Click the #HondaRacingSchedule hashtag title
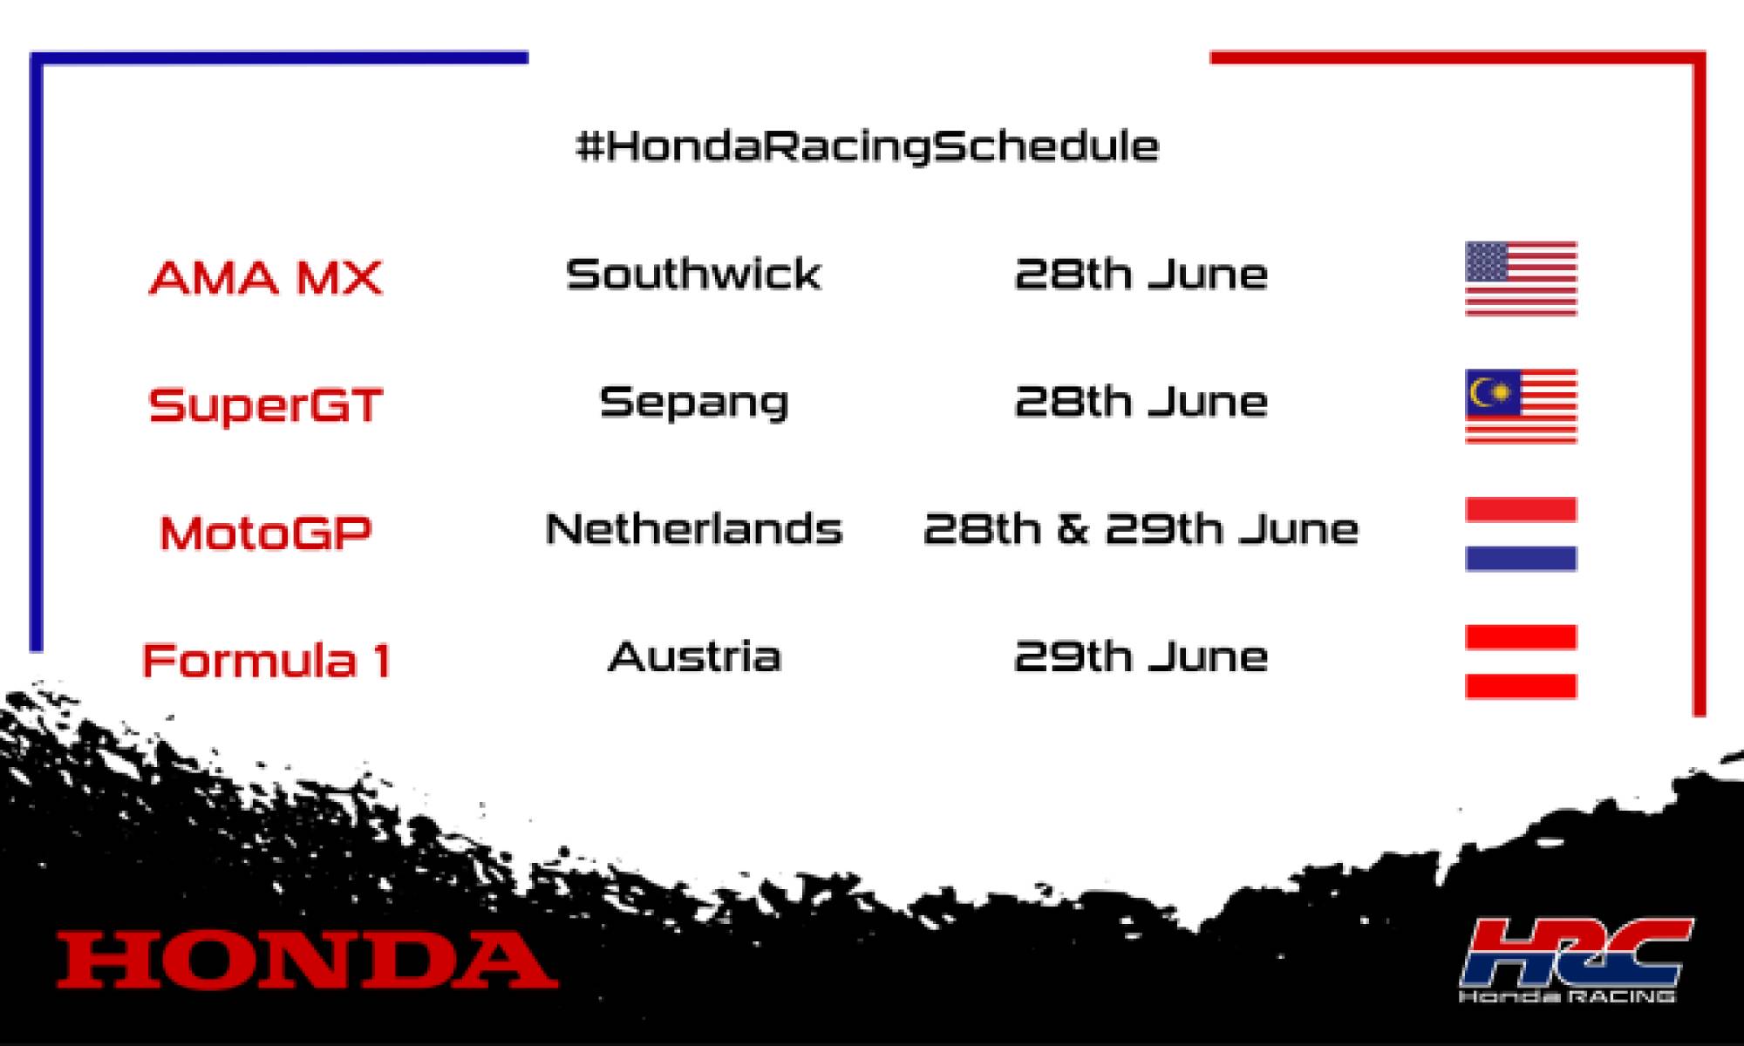[868, 146]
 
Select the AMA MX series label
[265, 278]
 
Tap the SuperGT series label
[265, 405]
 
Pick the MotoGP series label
[265, 533]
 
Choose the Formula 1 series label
[265, 660]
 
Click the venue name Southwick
[693, 275]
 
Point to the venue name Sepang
[693, 403]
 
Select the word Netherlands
[693, 529]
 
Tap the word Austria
[693, 656]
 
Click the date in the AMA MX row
[1141, 275]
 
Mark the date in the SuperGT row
[1141, 402]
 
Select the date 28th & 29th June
[1141, 529]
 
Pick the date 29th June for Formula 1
[1141, 656]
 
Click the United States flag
[1521, 278]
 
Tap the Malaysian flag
[1521, 406]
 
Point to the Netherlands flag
[1521, 533]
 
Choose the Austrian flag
[1521, 662]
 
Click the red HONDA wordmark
[307, 960]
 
